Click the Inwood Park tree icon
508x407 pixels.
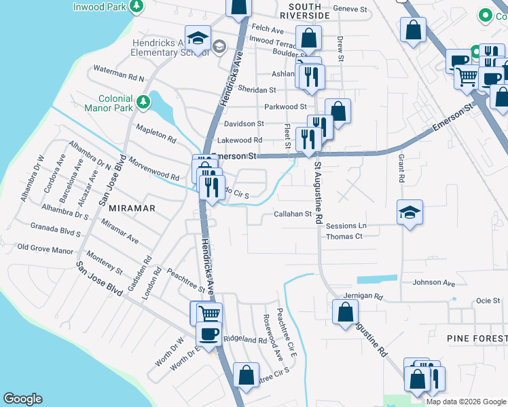click(137, 5)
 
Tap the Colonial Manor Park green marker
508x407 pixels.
click(143, 102)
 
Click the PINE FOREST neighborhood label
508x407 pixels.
click(476, 338)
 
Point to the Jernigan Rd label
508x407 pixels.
click(363, 297)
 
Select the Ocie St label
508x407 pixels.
click(488, 301)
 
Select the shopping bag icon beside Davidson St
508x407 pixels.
click(338, 111)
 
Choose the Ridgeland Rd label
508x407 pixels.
click(245, 339)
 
